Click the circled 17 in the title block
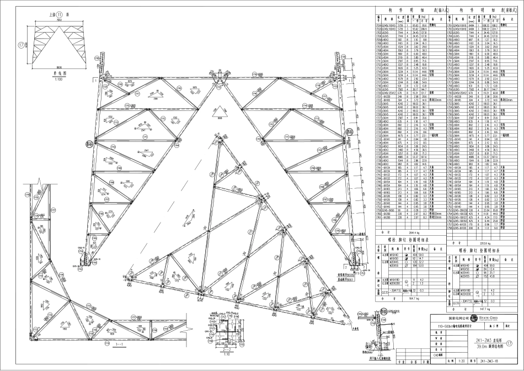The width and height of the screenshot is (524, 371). click(x=509, y=343)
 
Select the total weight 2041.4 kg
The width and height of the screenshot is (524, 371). click(x=409, y=233)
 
